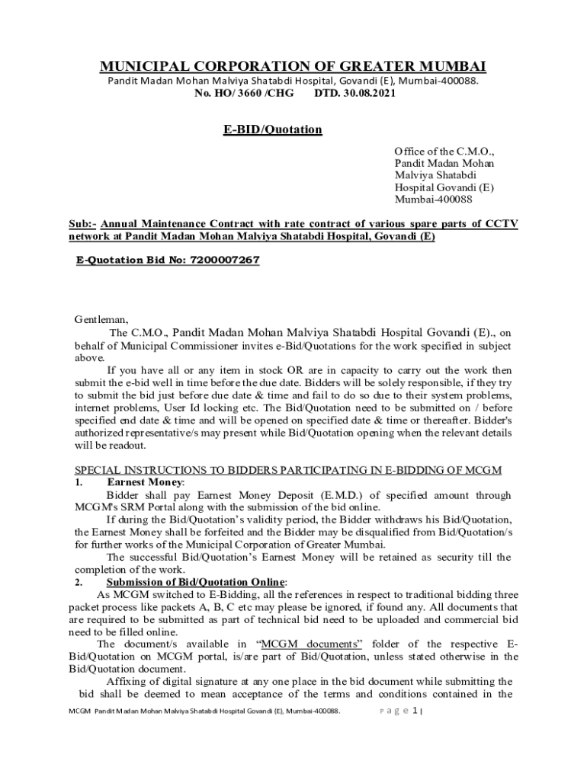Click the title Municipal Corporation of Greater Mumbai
tap(293, 66)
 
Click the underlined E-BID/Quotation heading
tap(272, 129)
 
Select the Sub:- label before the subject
tap(82, 224)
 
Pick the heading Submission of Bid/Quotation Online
tap(197, 582)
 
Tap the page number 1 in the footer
tap(415, 711)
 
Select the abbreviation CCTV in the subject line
tap(499, 224)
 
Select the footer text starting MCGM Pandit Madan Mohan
tap(204, 711)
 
